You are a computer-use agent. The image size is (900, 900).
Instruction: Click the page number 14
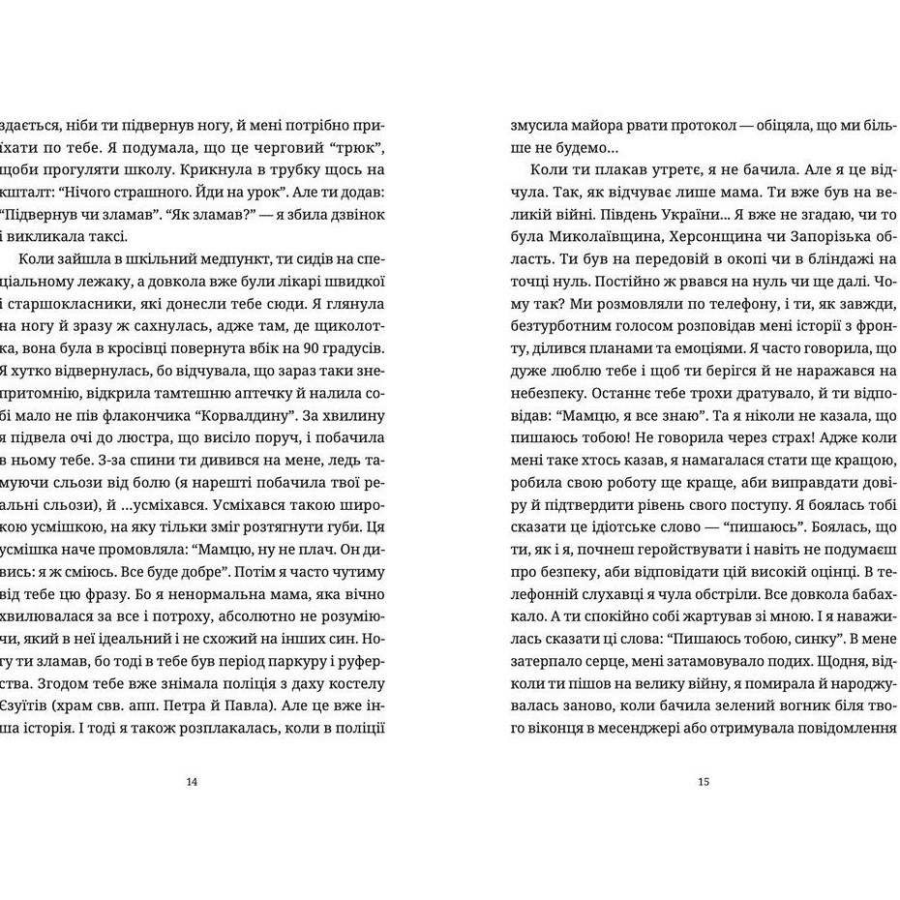coord(191,782)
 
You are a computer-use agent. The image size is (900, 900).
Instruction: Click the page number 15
coord(704,782)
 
